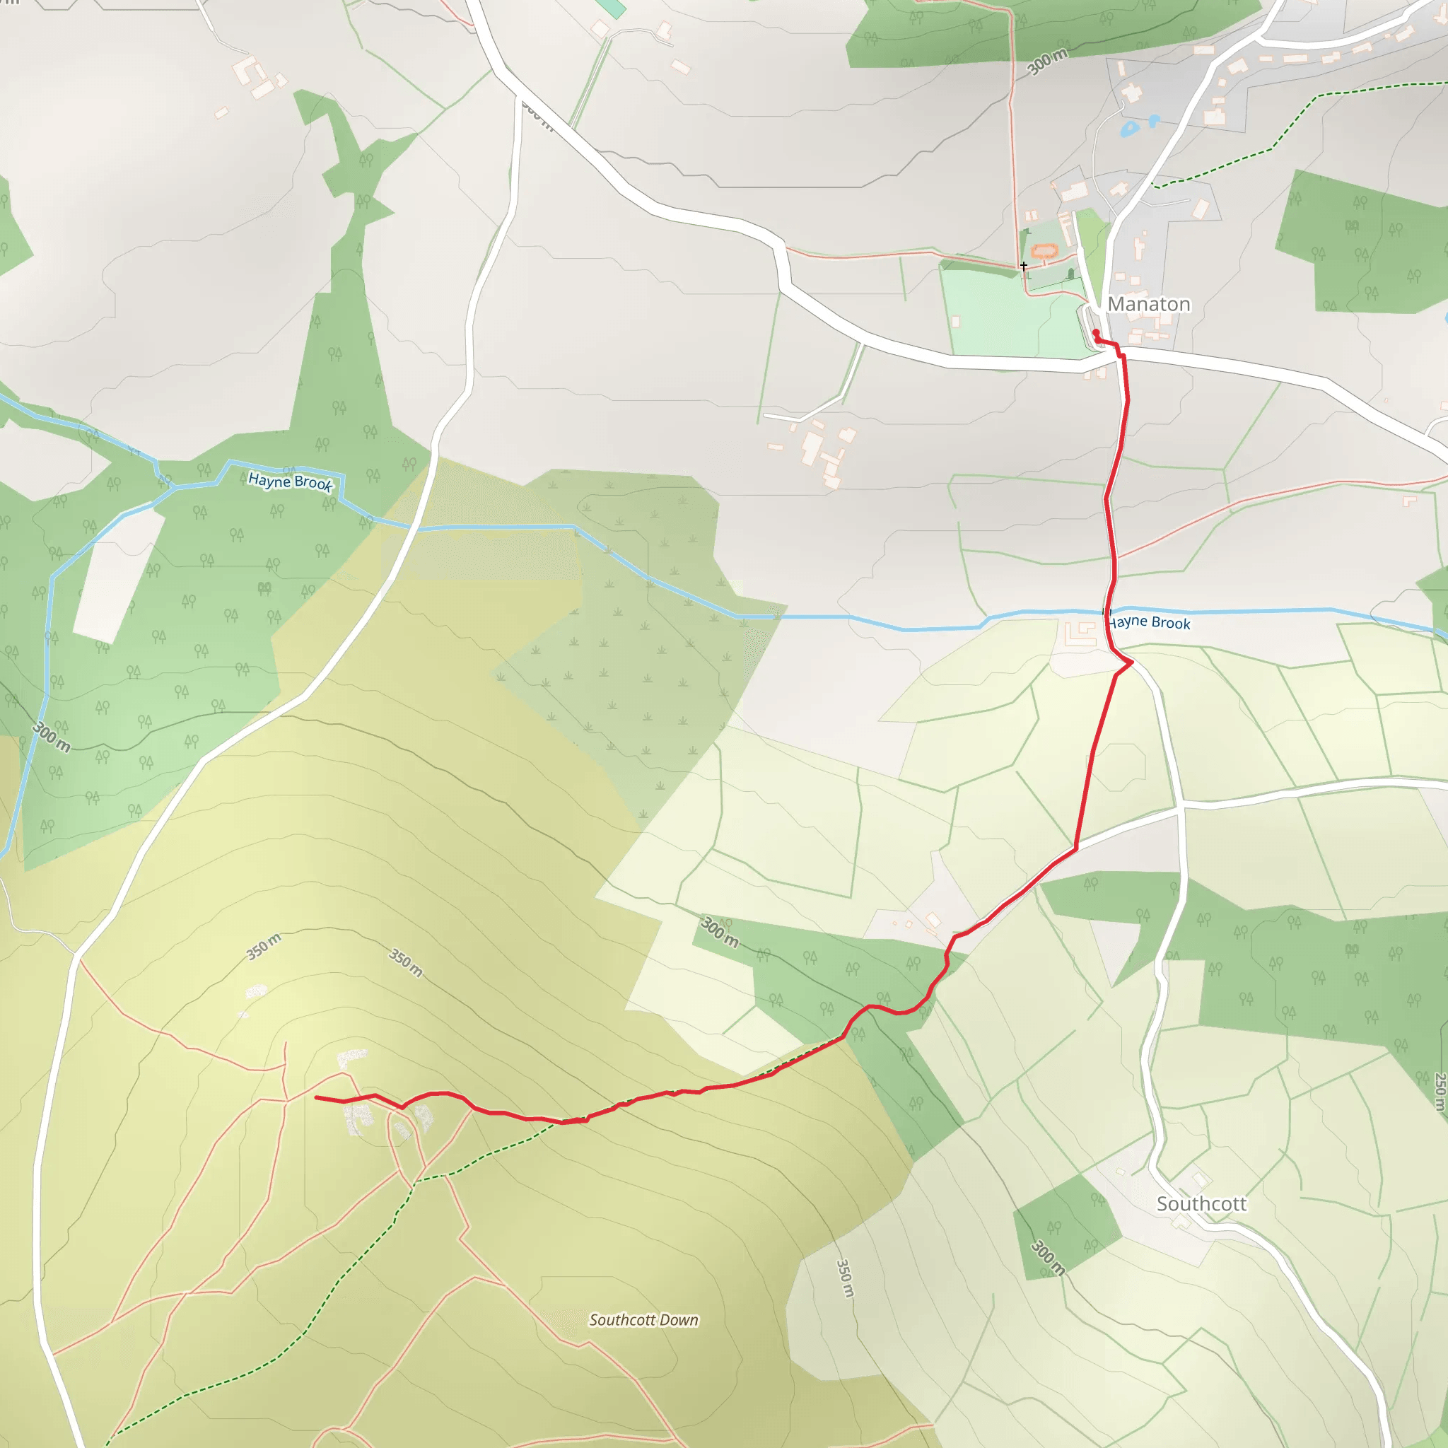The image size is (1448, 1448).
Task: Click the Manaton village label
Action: pos(1149,304)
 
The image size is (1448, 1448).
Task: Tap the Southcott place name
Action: pos(1201,1203)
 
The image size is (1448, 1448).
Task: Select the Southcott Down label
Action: pos(643,1320)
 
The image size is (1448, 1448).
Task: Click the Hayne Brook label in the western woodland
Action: pos(290,481)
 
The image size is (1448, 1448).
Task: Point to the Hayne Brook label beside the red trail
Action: pos(1150,622)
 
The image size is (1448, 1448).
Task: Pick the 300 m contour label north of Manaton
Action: pos(1047,62)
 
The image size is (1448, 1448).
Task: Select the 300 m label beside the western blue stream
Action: pos(52,737)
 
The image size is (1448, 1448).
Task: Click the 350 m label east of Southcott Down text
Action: pos(845,1278)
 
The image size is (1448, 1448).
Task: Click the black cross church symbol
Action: pos(1024,266)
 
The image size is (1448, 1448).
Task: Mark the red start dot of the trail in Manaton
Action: pos(1096,333)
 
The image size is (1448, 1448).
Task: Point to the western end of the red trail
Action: pos(316,1097)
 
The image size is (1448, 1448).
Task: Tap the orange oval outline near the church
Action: pos(1044,250)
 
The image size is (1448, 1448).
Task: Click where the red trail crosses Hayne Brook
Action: pos(1108,612)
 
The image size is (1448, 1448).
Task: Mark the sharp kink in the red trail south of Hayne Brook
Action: pos(1131,662)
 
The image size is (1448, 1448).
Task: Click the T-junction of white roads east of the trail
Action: pos(1181,807)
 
